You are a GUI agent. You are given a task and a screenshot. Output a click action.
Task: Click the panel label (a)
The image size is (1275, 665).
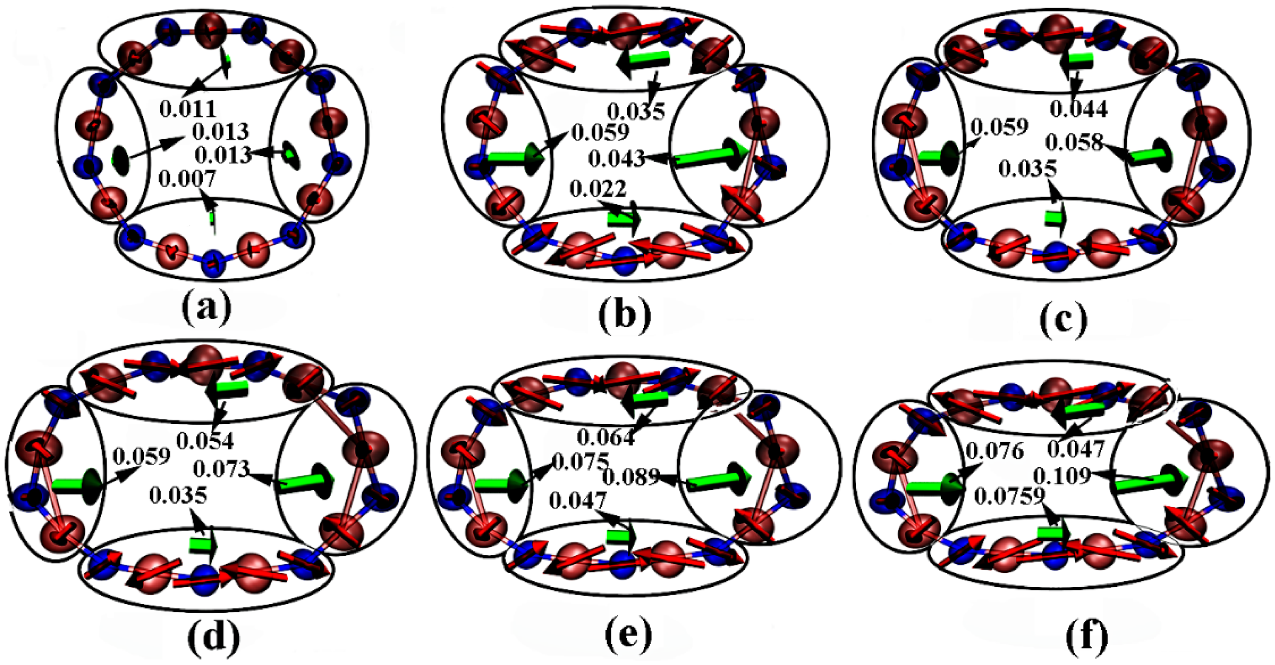click(206, 308)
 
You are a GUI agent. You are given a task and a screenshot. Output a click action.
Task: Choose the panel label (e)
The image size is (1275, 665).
click(628, 635)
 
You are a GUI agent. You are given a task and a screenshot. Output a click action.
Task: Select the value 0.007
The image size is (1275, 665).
click(187, 178)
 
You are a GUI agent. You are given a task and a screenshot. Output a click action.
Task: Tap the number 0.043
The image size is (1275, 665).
click(617, 159)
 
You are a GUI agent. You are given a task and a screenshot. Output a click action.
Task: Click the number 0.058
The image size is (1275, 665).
click(1074, 143)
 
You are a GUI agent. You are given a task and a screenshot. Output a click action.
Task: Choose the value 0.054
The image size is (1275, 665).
click(205, 441)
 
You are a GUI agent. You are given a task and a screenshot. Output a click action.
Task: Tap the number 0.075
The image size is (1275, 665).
click(580, 462)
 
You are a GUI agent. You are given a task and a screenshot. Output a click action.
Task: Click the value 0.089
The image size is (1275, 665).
click(631, 477)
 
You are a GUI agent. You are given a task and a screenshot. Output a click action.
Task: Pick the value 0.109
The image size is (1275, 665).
click(1062, 476)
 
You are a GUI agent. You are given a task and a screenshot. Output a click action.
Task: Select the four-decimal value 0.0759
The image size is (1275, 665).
click(1010, 496)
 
